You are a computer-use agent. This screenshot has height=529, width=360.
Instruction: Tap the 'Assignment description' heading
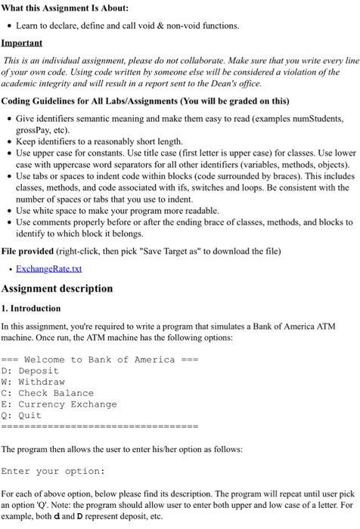[x=57, y=289]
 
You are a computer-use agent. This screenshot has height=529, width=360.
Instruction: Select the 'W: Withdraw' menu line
[x=33, y=382]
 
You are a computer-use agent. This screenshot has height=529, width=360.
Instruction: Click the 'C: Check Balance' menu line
[x=48, y=393]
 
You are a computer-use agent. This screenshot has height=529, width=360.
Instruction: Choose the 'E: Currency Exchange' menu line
[x=59, y=404]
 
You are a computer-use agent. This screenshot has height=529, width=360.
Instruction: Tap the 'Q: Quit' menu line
[x=22, y=416]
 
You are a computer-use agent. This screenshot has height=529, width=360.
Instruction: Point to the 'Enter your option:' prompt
[x=53, y=471]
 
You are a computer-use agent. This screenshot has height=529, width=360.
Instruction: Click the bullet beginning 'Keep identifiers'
[x=98, y=141]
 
